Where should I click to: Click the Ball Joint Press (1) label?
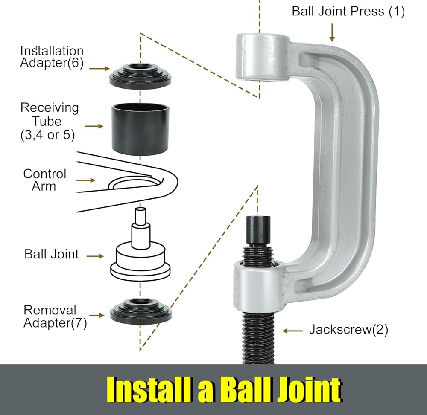pyautogui.click(x=348, y=11)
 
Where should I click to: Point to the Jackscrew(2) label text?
pyautogui.click(x=348, y=330)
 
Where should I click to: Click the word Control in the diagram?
pyautogui.click(x=45, y=174)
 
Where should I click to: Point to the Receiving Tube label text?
pyautogui.click(x=49, y=121)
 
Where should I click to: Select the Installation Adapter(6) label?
pyautogui.click(x=51, y=57)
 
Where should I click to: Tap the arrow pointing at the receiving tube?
pyautogui.click(x=94, y=126)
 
